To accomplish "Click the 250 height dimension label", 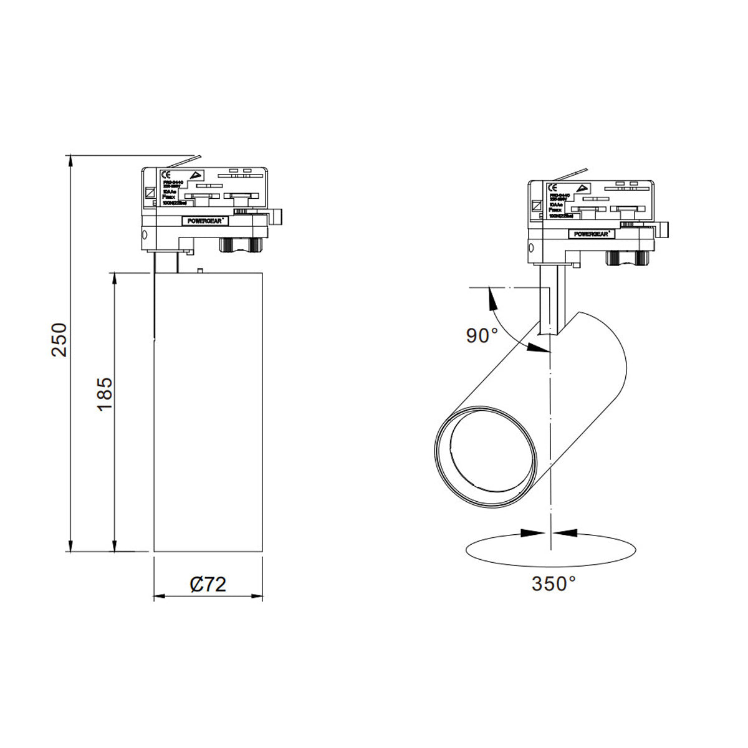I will (x=59, y=339).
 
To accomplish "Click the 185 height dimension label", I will (x=104, y=394).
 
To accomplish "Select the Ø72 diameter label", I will (x=208, y=584).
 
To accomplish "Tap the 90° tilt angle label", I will (x=482, y=335).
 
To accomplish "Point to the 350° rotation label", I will (x=554, y=584).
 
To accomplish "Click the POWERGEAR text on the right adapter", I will (x=592, y=234).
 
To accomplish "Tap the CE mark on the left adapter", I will (x=166, y=175).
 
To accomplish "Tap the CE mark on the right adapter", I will (x=552, y=188).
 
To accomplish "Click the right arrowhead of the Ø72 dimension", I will (x=257, y=597).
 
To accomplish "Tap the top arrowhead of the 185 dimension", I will (x=115, y=278).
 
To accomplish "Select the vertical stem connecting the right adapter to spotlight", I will (x=551, y=299).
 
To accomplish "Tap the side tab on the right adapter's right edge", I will (x=662, y=230).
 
